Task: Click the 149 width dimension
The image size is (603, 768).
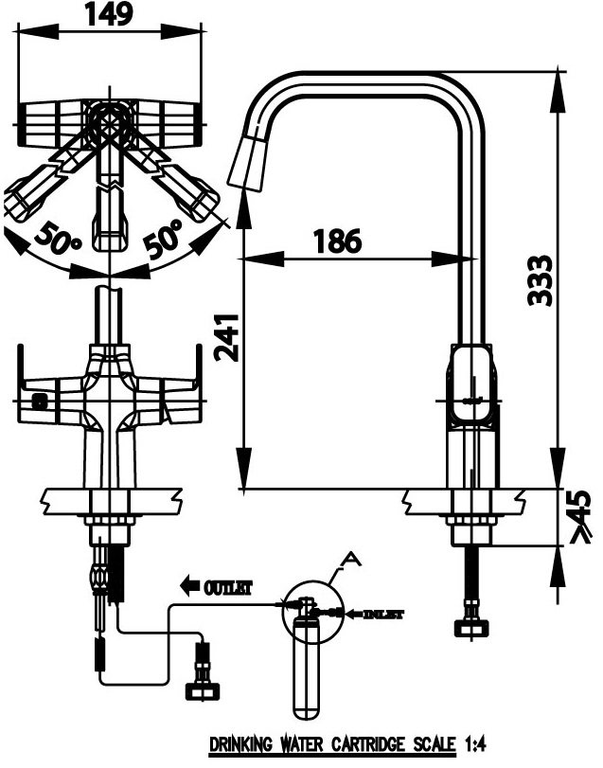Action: click(x=109, y=13)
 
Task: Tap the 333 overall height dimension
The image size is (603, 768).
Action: click(x=540, y=279)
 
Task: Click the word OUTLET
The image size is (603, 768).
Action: click(x=228, y=588)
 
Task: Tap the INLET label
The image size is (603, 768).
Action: click(x=383, y=615)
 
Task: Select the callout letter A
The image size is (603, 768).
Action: click(x=352, y=560)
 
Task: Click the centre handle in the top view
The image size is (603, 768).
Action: click(x=112, y=214)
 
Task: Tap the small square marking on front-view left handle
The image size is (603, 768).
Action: click(x=38, y=401)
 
